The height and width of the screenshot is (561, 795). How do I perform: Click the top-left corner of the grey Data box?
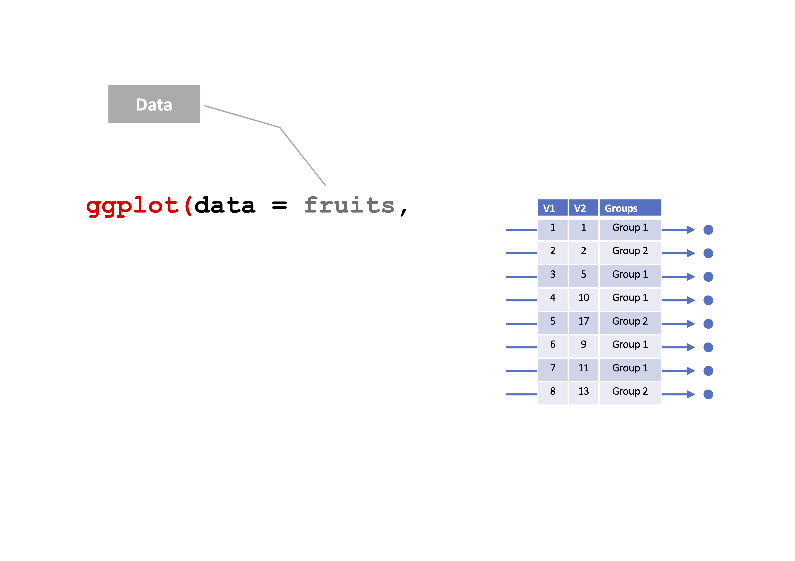point(108,85)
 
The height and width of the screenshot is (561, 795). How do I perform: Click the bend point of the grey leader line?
point(280,127)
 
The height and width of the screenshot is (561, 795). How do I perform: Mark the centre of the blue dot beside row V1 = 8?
point(708,394)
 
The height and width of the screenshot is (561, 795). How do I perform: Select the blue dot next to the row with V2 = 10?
point(708,300)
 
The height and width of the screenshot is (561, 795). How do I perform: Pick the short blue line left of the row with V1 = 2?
point(521,253)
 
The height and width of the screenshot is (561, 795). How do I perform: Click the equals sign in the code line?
point(279,205)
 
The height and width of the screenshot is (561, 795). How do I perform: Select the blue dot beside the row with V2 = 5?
point(708,277)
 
